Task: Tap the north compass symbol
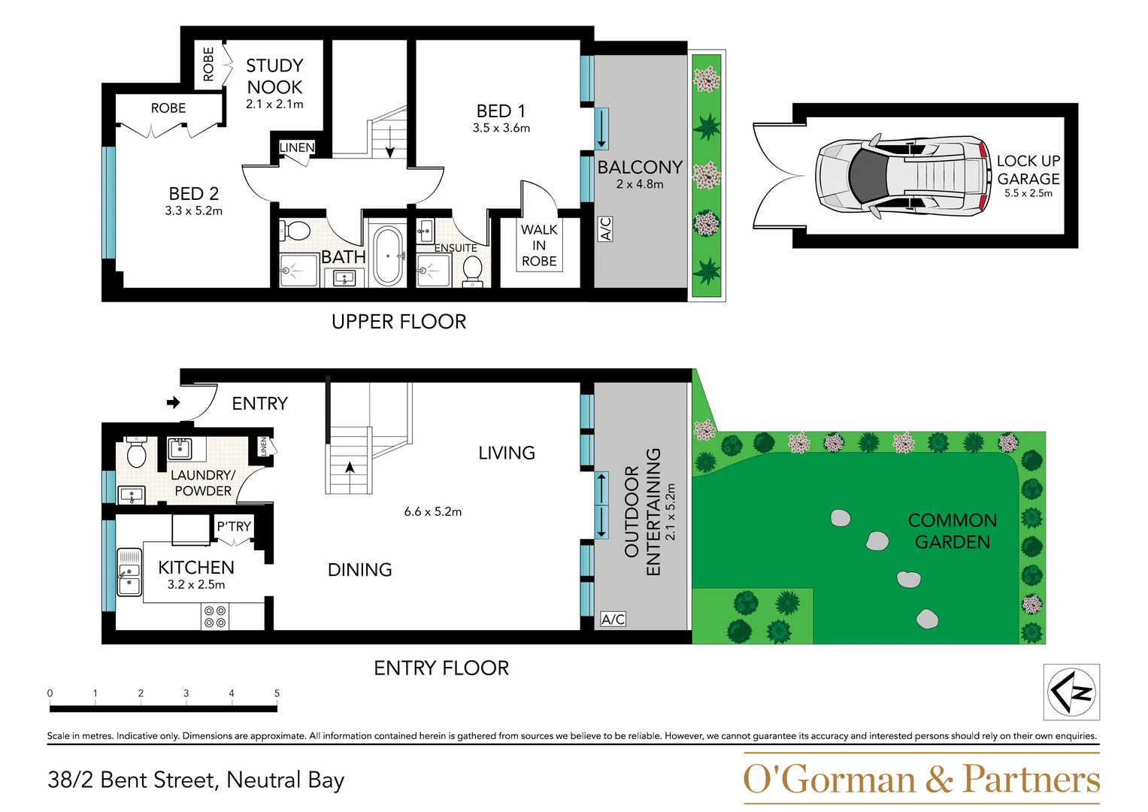pos(1072,692)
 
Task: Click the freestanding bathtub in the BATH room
pos(388,256)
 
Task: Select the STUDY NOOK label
pos(274,77)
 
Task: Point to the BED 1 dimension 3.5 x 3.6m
pos(501,129)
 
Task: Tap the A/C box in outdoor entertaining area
pos(613,620)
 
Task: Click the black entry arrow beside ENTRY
pos(174,403)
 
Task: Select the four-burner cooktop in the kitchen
pos(215,617)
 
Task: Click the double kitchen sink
pos(129,571)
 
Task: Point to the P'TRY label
pos(234,526)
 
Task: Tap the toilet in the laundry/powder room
pos(137,453)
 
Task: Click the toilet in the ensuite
pos(473,269)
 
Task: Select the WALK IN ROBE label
pos(539,245)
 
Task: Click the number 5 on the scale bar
pos(277,693)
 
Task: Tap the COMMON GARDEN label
pos(952,531)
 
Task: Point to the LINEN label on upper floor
pos(296,147)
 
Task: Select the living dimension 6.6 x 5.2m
pos(433,512)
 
